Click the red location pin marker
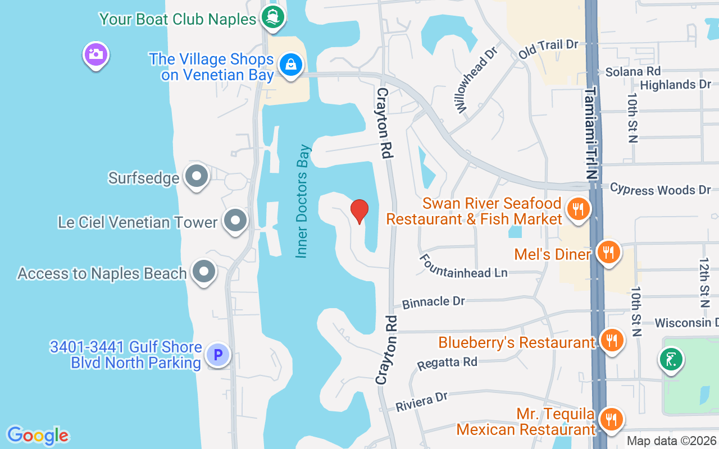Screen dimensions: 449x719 pyautogui.click(x=359, y=211)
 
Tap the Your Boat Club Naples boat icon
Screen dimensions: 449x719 pyautogui.click(x=273, y=18)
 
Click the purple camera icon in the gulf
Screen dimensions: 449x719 pyautogui.click(x=96, y=54)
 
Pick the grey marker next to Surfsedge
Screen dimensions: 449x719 pyautogui.click(x=197, y=176)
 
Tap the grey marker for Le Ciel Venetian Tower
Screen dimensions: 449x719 pyautogui.click(x=235, y=221)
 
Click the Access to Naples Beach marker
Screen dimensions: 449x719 pyautogui.click(x=203, y=272)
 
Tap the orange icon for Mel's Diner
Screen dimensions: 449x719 pyautogui.click(x=608, y=253)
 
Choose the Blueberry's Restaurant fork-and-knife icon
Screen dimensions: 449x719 pyautogui.click(x=611, y=341)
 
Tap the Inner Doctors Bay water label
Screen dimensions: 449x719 pyautogui.click(x=303, y=201)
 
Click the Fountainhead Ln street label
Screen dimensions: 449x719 pyautogui.click(x=464, y=266)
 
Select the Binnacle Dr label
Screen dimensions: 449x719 pyautogui.click(x=434, y=302)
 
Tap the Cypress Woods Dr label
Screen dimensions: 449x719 pyautogui.click(x=661, y=189)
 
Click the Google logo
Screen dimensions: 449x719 pyautogui.click(x=38, y=436)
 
